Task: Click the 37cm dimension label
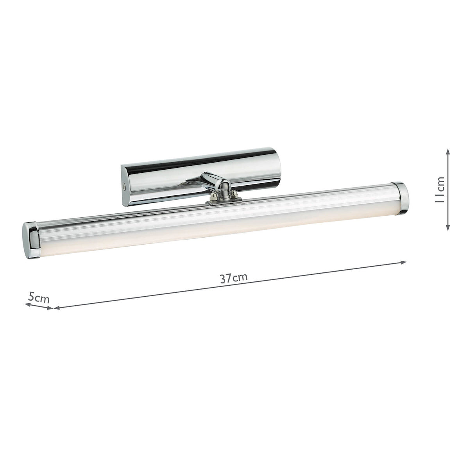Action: pyautogui.click(x=233, y=278)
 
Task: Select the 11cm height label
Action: pyautogui.click(x=440, y=190)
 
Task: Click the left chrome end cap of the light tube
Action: pyautogui.click(x=30, y=240)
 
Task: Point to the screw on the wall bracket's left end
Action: pyautogui.click(x=124, y=187)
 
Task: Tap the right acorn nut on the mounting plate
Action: pyautogui.click(x=234, y=193)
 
